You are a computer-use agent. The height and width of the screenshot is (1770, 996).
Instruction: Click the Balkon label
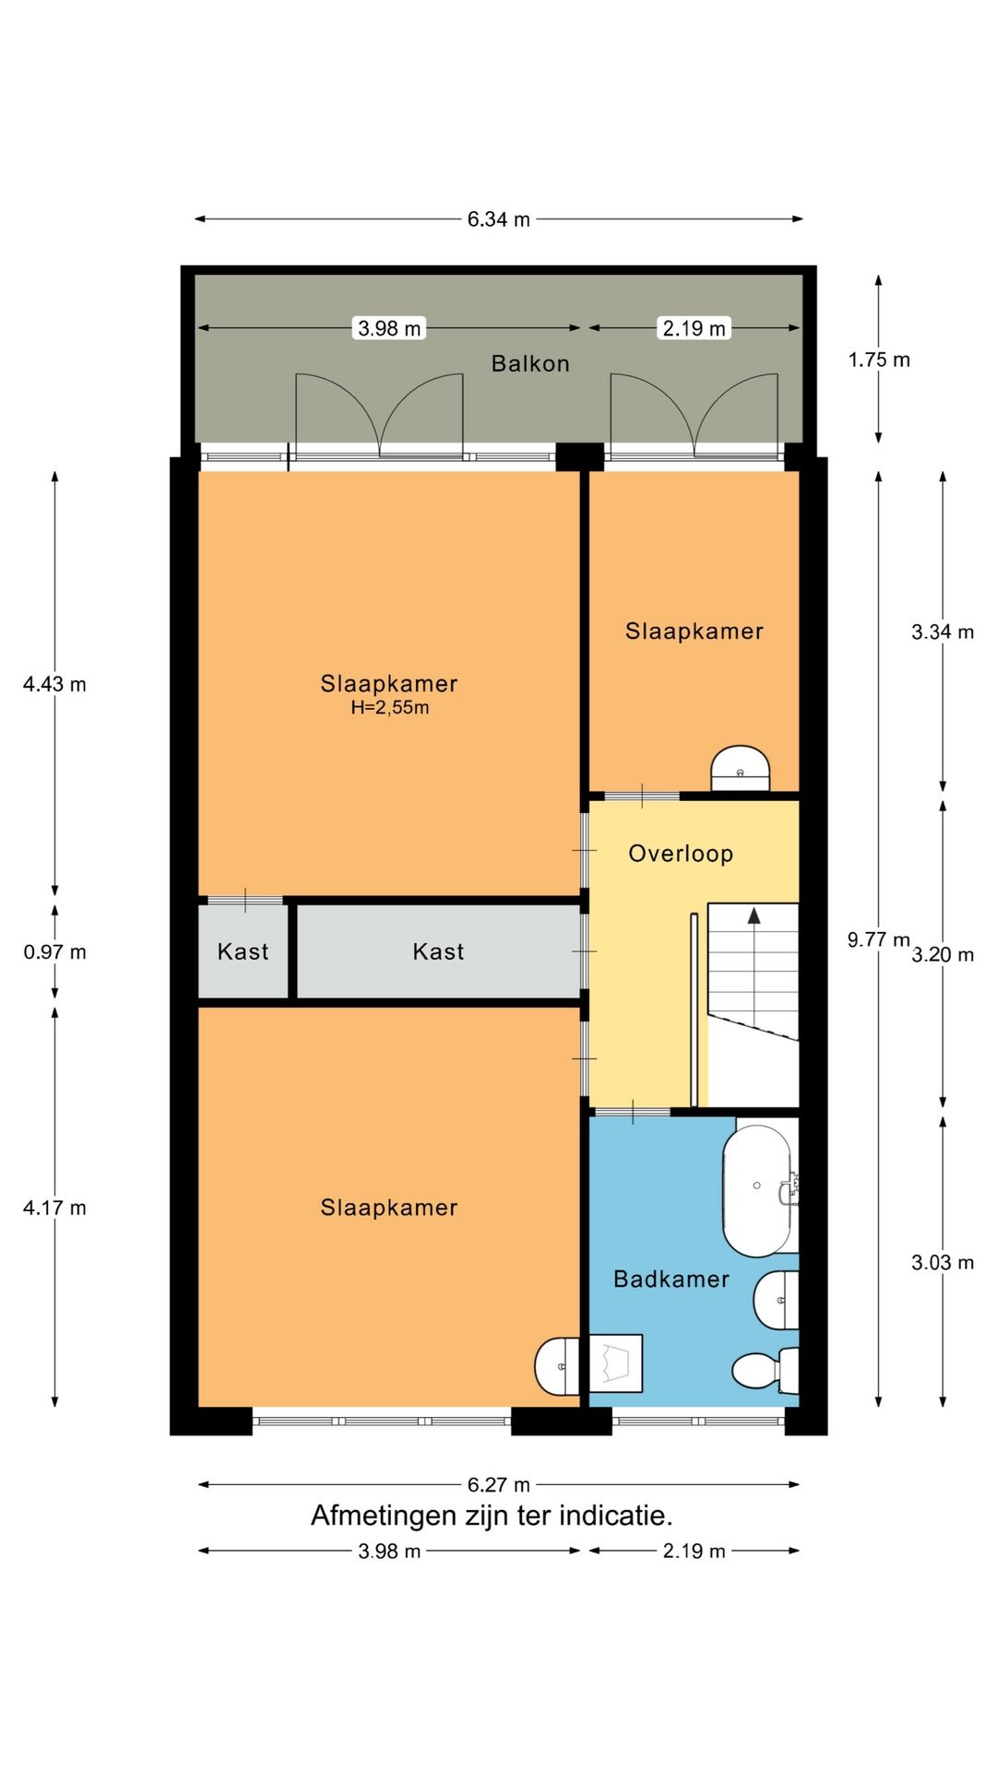point(529,363)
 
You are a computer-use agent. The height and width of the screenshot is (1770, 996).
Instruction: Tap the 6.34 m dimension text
point(498,219)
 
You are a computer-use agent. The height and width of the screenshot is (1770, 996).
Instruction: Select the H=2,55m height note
point(389,708)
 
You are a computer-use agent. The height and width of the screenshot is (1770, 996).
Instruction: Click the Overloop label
point(681,854)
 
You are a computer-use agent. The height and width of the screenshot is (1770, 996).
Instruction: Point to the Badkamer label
point(670,1279)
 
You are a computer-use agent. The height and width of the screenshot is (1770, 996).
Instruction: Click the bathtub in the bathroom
point(756,1190)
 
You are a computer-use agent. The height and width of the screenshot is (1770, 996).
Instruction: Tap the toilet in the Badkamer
point(762,1371)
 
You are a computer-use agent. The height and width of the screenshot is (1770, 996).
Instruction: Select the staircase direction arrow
point(753,916)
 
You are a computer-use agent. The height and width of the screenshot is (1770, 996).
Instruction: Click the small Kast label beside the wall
point(243,951)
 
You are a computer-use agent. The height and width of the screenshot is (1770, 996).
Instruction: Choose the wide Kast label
point(438,951)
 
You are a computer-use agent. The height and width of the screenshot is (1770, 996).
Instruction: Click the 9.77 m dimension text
point(878,939)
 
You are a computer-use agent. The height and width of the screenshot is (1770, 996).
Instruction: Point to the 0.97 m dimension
point(54,952)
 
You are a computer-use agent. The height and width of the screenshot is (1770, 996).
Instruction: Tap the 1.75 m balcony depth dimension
point(879,360)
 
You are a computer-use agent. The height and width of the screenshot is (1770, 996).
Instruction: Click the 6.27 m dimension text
point(498,1484)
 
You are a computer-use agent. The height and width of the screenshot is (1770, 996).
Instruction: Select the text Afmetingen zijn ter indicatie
point(492,1516)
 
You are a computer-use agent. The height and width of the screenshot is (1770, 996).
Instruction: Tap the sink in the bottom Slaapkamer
point(557,1365)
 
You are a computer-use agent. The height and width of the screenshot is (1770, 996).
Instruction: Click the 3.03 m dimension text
point(943,1263)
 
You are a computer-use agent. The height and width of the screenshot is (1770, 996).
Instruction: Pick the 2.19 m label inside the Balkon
point(694,328)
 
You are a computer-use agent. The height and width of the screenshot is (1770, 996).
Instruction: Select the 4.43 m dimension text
point(54,684)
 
